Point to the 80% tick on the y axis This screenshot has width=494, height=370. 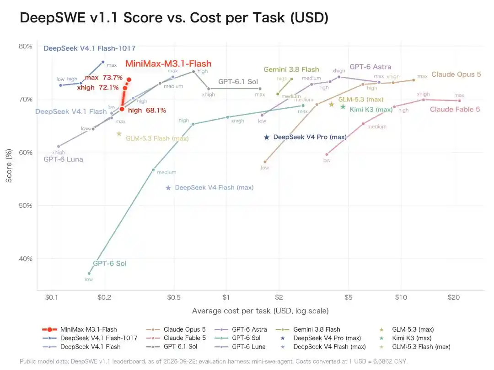tap(26, 46)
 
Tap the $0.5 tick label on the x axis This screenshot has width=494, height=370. tap(174, 297)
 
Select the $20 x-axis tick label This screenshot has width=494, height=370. tap(454, 297)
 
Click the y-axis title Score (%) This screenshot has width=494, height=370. tap(9, 166)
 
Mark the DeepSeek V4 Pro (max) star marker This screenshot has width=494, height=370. tap(267, 137)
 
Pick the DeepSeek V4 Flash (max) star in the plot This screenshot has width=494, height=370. tap(168, 188)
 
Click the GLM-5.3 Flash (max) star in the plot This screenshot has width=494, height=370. tap(119, 134)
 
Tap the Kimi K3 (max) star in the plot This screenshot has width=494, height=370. tap(343, 107)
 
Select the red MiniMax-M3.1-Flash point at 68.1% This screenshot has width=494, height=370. tap(122, 109)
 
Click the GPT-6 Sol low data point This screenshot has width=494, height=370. tap(89, 274)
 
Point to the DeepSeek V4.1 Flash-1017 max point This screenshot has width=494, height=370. tap(103, 62)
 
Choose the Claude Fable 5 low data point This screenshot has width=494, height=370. tap(327, 154)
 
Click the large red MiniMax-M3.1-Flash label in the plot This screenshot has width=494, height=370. tap(168, 63)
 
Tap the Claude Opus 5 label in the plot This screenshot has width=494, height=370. tap(456, 74)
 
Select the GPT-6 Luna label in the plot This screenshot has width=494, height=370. tap(63, 159)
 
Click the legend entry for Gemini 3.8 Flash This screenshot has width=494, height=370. tap(308, 329)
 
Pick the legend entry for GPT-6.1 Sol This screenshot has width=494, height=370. tap(172, 346)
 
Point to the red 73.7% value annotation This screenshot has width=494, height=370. tap(113, 77)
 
